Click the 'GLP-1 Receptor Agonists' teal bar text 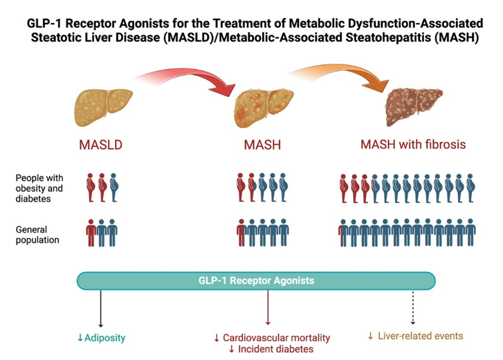(256, 280)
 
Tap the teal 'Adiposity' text (105, 338)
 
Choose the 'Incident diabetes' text (271, 350)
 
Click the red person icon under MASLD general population (91, 232)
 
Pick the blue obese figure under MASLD (115, 187)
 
